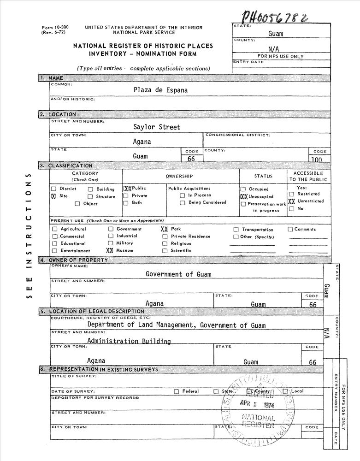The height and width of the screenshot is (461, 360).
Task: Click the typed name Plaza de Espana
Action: [x=160, y=90]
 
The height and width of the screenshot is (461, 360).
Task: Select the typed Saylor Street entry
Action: [x=157, y=127]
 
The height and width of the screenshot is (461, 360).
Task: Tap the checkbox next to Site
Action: [x=53, y=196]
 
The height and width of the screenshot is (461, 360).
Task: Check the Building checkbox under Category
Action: [x=90, y=189]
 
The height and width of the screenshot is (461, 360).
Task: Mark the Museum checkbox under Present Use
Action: [x=110, y=250]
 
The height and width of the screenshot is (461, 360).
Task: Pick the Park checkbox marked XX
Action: [x=164, y=229]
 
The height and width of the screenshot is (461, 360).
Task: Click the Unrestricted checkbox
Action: [x=291, y=201]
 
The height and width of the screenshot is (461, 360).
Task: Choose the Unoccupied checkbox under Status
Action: [x=244, y=196]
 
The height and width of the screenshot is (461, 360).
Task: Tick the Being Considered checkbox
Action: [x=183, y=202]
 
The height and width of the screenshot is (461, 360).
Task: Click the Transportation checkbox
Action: [x=236, y=230]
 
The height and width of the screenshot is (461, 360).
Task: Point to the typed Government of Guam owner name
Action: [x=178, y=274]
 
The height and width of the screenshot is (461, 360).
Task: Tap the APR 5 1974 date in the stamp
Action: [x=257, y=404]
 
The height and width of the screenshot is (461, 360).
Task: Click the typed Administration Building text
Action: [x=129, y=342]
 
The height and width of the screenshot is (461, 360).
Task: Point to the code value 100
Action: [x=316, y=160]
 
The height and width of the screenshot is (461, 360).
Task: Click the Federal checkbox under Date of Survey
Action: [x=177, y=391]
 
